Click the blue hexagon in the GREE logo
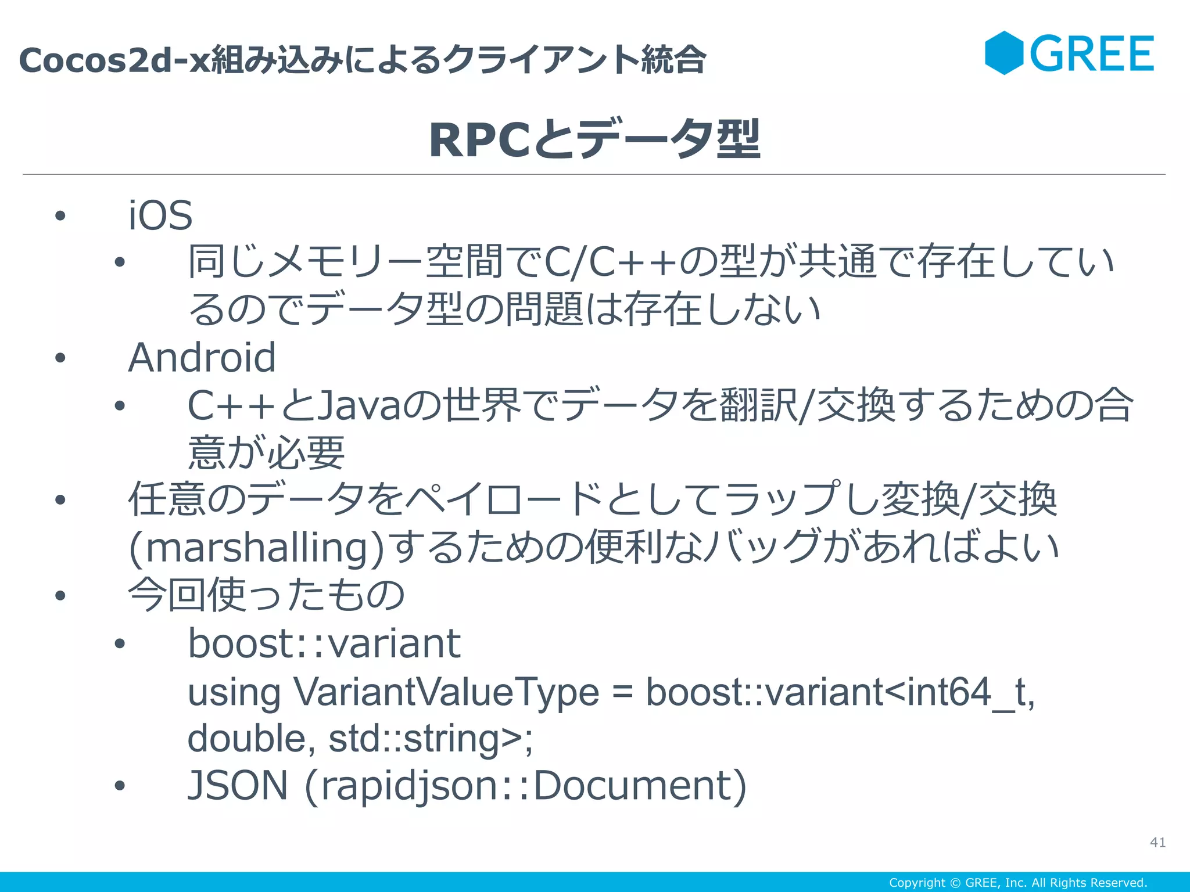pos(1003,53)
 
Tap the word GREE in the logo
pos(1092,54)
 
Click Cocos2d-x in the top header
pos(114,60)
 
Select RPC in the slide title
pos(479,140)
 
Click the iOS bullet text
pos(160,215)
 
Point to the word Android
pos(202,358)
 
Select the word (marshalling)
pos(256,548)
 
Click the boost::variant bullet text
pos(324,643)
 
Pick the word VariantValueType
pos(446,692)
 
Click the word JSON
pos(238,786)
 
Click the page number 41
pos(1157,842)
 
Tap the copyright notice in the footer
pos(1018,883)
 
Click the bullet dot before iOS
pos(60,216)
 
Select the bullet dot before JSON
pos(120,786)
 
